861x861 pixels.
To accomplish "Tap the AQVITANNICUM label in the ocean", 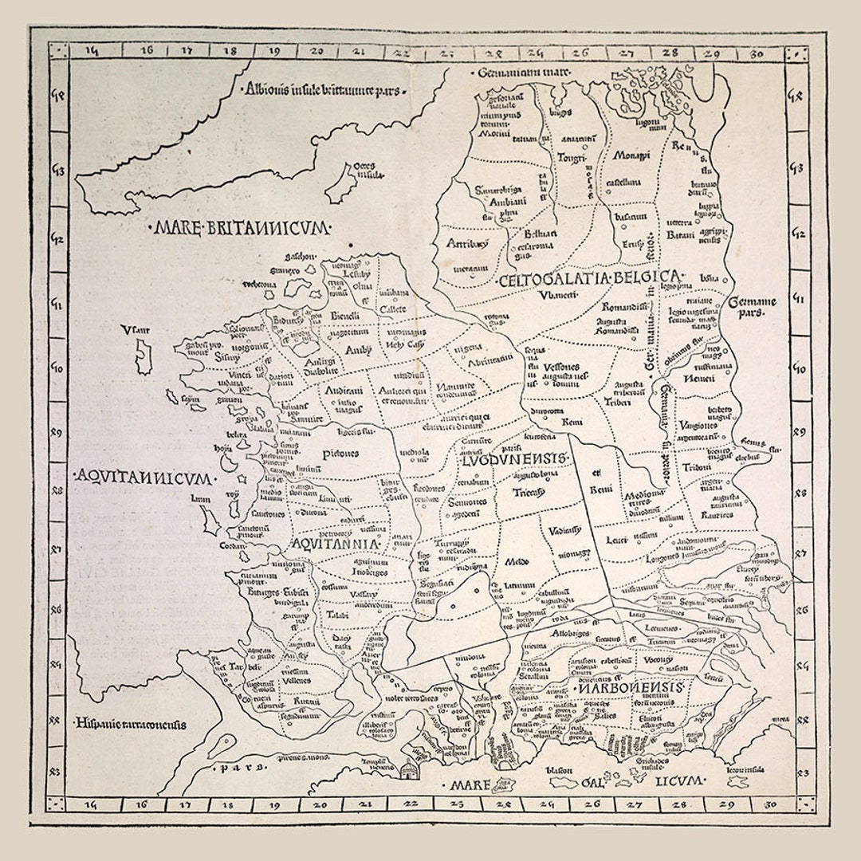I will (143, 478).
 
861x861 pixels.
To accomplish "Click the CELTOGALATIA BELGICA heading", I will (590, 279).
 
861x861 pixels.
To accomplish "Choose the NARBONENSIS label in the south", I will (631, 688).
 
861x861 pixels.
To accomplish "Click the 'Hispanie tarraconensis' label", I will (131, 725).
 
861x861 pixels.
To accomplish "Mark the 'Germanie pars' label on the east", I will (753, 308).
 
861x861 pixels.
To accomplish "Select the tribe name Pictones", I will (340, 454).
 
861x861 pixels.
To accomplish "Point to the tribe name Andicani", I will (344, 391).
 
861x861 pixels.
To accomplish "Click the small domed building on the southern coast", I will (408, 769).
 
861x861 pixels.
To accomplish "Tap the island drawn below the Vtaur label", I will (143, 356).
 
